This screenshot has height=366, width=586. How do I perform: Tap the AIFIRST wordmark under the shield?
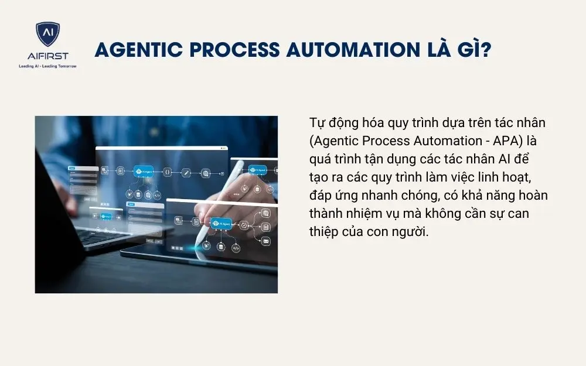(x=47, y=56)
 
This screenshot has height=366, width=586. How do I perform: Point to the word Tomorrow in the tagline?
(x=65, y=66)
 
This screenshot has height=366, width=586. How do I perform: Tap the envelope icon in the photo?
(x=265, y=241)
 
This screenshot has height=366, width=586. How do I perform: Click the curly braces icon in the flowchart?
(x=167, y=172)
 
